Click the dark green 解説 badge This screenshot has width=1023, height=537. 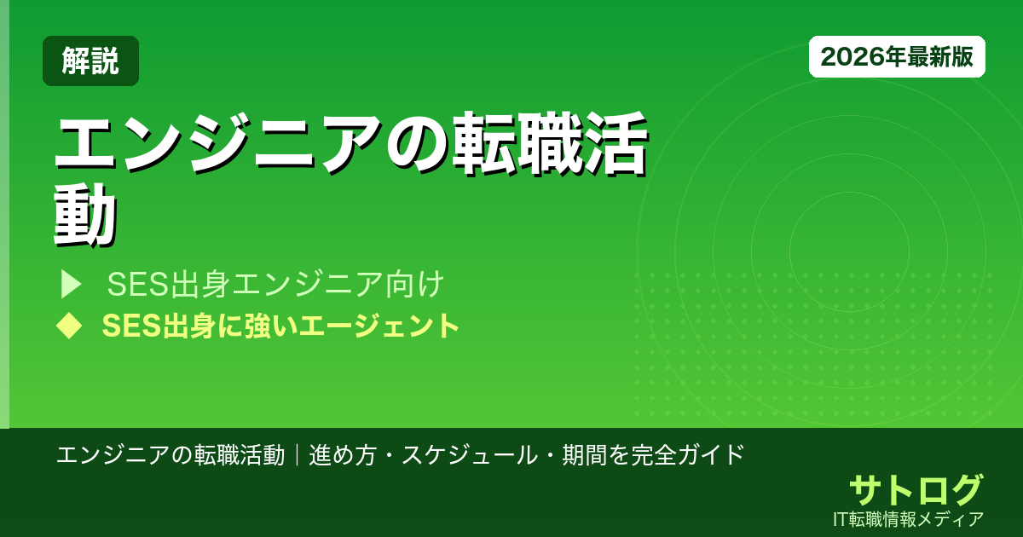pos(90,61)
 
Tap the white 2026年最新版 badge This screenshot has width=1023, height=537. pos(897,56)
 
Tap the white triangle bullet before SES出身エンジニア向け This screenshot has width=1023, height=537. pos(70,285)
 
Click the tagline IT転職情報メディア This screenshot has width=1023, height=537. pos(910,518)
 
